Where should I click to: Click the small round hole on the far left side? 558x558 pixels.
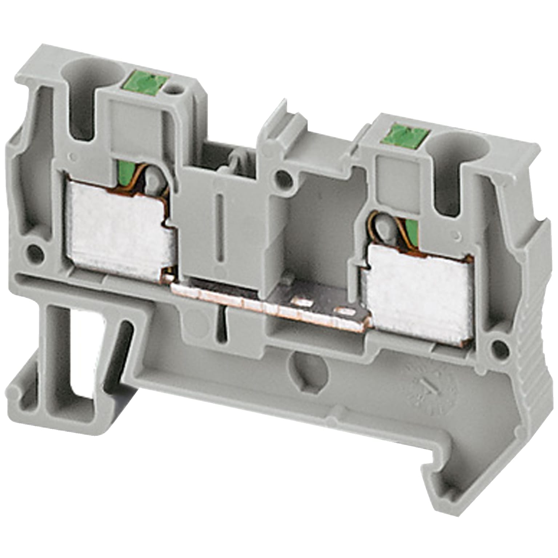[x=35, y=250]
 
